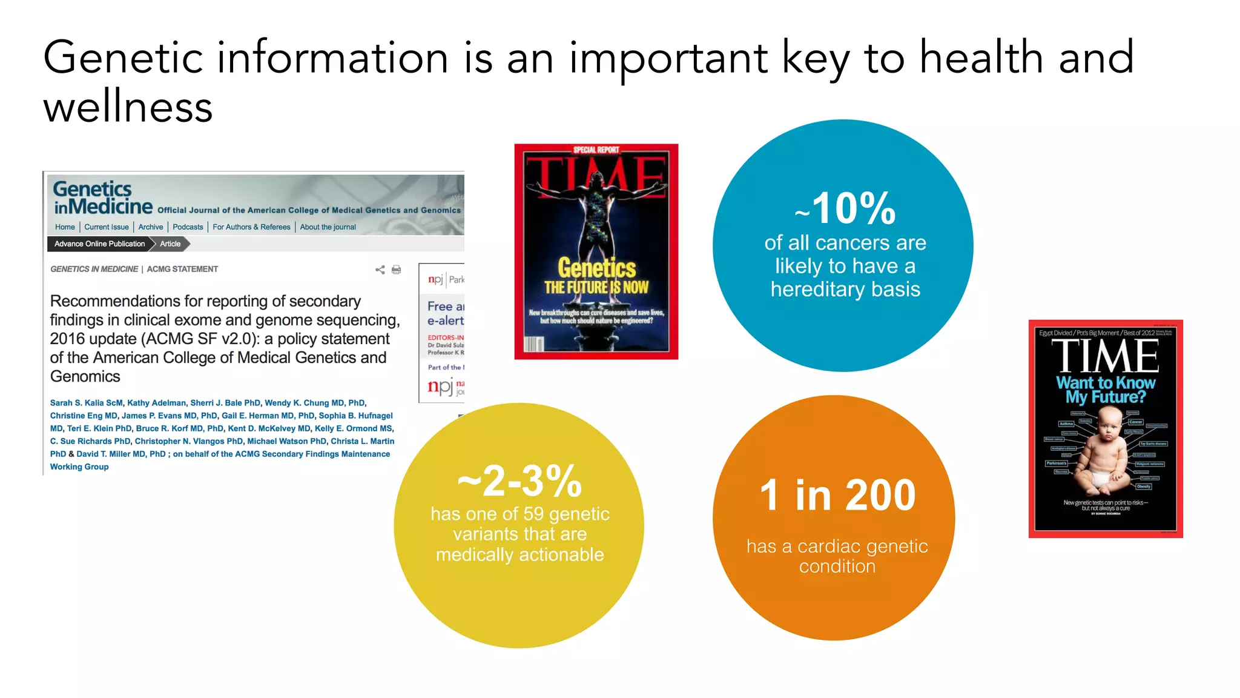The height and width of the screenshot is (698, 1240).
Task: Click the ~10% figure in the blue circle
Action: coord(846,208)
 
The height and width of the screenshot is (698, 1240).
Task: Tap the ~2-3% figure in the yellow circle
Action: coord(519,481)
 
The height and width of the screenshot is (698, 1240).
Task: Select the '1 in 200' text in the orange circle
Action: coord(837,495)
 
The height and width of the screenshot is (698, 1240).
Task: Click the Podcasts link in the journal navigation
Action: coord(188,227)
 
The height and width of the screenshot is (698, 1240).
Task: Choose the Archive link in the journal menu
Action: coord(151,227)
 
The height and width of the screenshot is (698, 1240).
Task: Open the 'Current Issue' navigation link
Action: coord(107,227)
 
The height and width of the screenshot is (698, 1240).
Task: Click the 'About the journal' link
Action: coord(328,227)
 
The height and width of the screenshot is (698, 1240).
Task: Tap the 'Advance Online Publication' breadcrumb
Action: coord(100,244)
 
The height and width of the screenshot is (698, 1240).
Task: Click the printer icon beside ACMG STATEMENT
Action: coord(397,270)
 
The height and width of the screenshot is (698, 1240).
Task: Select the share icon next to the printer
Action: coord(380,270)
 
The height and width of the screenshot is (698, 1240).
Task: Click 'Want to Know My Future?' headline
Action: coord(1106,390)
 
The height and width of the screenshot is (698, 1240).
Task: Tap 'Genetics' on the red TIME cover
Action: coord(596,267)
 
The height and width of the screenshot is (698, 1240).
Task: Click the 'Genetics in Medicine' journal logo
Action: coord(102,198)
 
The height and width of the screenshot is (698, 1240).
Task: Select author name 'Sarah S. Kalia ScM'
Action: coord(87,403)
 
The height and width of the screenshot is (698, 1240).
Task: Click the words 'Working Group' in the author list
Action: coord(79,467)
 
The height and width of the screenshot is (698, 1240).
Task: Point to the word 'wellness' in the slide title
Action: coord(128,107)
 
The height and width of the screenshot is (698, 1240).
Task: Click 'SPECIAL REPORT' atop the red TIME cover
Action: coord(596,150)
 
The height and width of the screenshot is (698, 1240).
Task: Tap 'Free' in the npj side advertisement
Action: coord(440,307)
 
